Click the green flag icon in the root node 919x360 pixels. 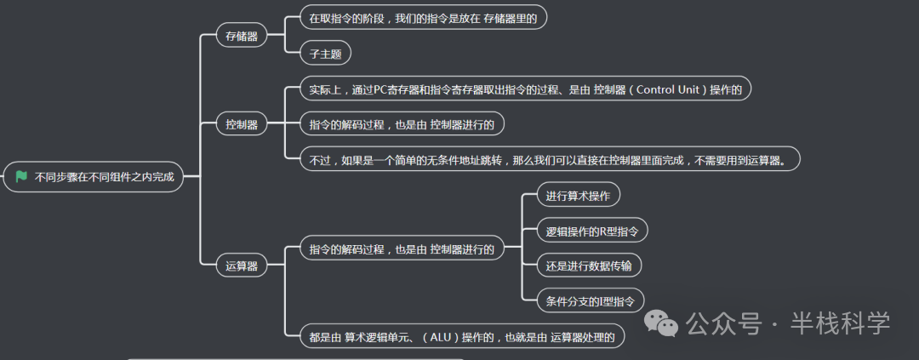[x=21, y=177]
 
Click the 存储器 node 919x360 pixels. [x=242, y=37]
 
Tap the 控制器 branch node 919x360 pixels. [x=242, y=124]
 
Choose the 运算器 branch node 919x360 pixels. [x=242, y=266]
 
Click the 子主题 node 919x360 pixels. [x=326, y=54]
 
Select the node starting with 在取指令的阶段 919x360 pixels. [x=423, y=18]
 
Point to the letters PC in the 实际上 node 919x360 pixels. [x=380, y=89]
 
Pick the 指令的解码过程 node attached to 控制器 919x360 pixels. [x=402, y=124]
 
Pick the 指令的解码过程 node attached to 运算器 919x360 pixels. [x=402, y=249]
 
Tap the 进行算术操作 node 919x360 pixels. [x=579, y=195]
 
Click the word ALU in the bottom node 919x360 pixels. [x=440, y=336]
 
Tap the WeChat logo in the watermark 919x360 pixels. [x=661, y=323]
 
